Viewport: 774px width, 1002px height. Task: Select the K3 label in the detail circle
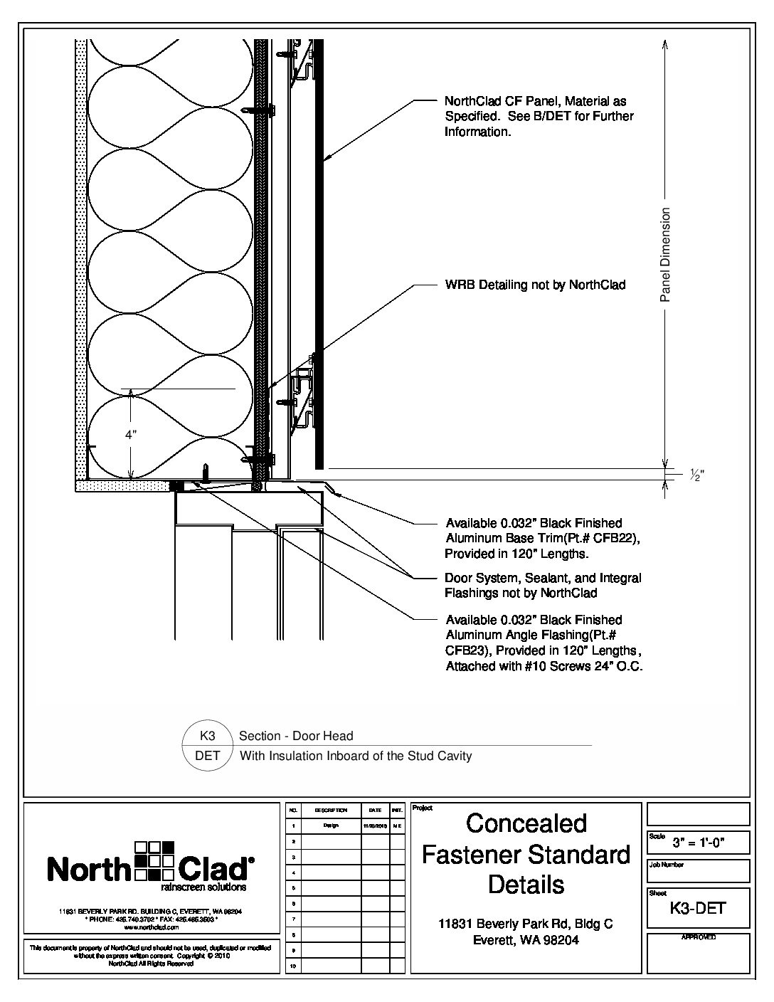point(208,736)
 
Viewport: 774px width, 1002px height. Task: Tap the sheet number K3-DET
point(697,908)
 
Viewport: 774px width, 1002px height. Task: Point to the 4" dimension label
point(131,434)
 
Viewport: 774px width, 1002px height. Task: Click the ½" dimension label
point(696,476)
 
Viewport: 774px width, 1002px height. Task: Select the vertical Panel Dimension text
point(666,255)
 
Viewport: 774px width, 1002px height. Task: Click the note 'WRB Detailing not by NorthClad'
point(535,285)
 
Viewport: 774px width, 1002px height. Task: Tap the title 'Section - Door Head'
point(296,736)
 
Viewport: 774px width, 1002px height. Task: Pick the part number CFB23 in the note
point(466,650)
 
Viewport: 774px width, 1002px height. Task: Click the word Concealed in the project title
point(526,823)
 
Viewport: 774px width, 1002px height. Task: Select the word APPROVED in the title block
point(698,937)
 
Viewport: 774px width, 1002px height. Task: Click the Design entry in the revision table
point(331,826)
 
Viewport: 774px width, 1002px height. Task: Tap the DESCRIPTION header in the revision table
point(331,811)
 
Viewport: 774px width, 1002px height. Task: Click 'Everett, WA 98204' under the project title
point(526,939)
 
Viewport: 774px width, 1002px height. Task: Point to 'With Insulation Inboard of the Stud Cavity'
point(356,756)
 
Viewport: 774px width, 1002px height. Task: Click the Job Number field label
point(666,865)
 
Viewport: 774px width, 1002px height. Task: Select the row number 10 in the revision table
point(292,966)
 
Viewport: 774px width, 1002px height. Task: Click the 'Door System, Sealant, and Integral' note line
point(543,578)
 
